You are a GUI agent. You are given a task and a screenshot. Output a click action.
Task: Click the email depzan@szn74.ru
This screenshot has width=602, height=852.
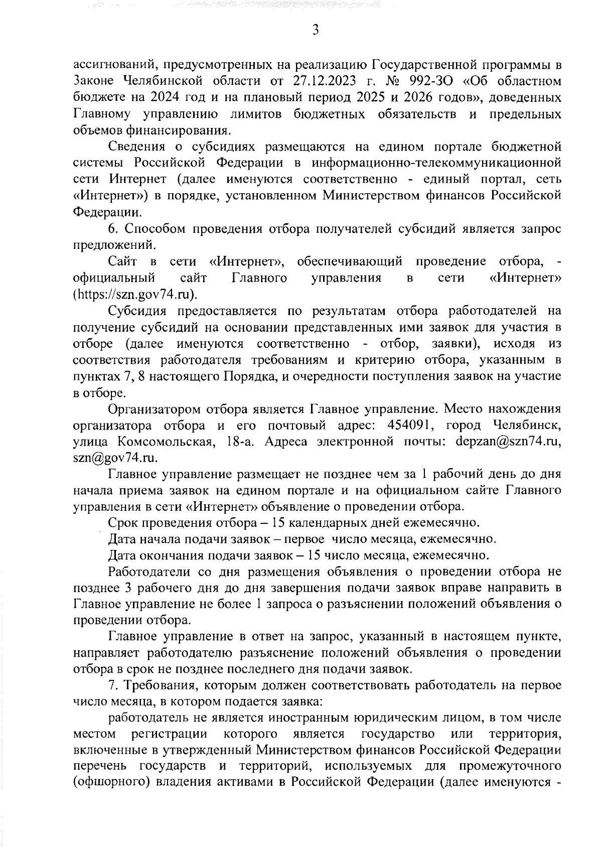coord(508,442)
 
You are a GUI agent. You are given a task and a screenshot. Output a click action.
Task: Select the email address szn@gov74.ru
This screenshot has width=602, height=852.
coord(115,458)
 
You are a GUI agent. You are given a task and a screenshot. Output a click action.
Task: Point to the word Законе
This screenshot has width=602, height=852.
coord(95,81)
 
